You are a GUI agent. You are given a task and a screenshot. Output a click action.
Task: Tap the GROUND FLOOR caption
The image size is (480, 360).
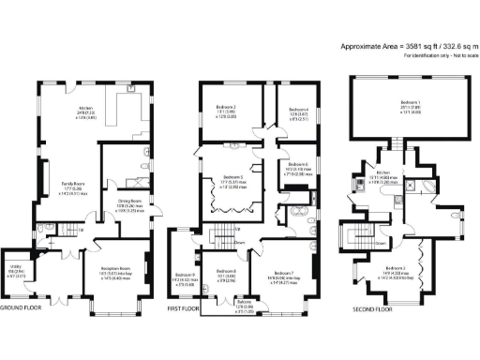pos(20,307)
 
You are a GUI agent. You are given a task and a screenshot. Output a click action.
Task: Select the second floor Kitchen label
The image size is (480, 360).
pos(382,172)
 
